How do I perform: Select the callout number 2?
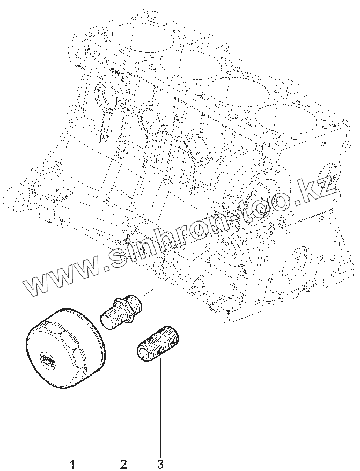pos(123,461)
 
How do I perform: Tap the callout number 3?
pos(160,461)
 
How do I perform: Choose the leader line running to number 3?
pos(159,408)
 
